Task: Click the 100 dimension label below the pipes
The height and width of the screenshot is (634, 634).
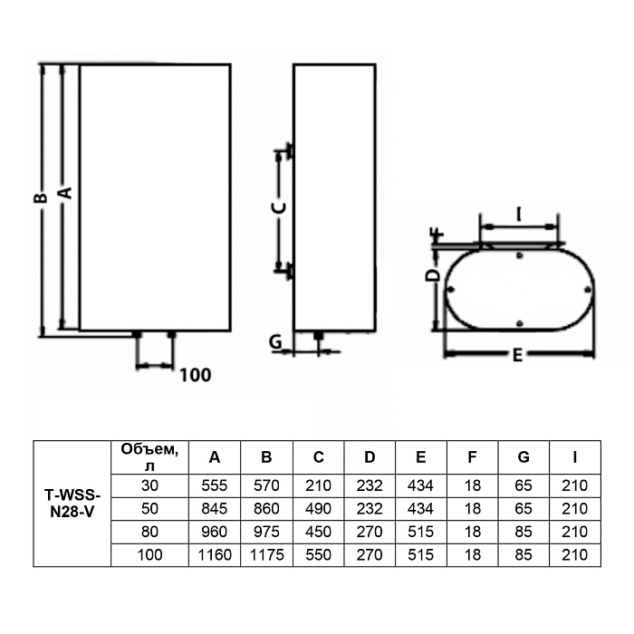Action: click(x=196, y=375)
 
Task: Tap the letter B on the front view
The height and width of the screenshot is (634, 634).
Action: click(x=41, y=197)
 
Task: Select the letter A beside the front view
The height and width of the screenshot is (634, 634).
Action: click(x=66, y=193)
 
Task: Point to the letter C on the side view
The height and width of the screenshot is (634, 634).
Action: click(x=279, y=207)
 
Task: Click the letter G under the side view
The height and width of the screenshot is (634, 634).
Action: click(x=275, y=342)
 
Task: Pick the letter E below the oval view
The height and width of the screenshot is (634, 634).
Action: click(x=517, y=355)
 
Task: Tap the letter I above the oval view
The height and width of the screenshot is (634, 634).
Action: click(x=519, y=215)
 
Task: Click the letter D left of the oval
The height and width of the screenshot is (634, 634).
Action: click(x=433, y=275)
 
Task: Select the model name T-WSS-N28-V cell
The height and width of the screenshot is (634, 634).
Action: click(x=72, y=504)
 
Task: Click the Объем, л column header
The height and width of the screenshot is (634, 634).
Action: click(x=149, y=457)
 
